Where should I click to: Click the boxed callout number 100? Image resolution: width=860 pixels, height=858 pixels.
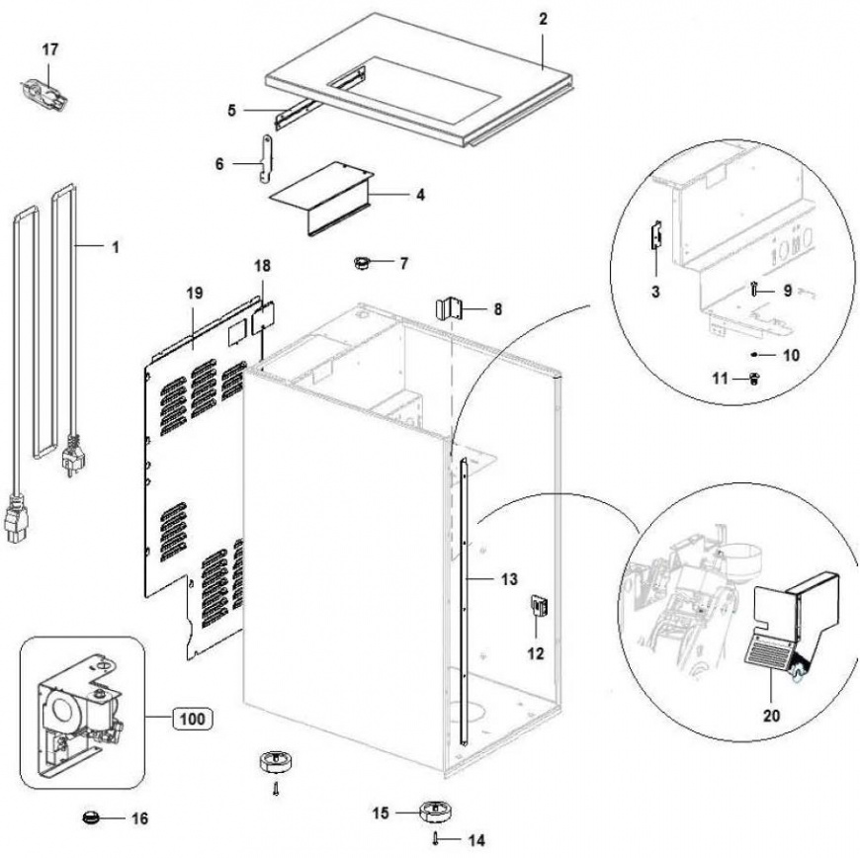pyautogui.click(x=193, y=718)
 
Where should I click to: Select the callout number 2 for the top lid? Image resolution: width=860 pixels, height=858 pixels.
pyautogui.click(x=543, y=19)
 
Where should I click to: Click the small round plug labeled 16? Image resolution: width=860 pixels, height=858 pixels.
pyautogui.click(x=91, y=817)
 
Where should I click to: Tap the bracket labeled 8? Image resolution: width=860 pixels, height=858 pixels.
pyautogui.click(x=450, y=308)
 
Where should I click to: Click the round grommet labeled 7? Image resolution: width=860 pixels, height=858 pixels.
pyautogui.click(x=362, y=263)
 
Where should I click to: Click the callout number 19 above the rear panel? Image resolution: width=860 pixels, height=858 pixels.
pyautogui.click(x=194, y=293)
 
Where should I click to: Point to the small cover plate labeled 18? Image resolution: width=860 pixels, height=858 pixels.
pyautogui.click(x=262, y=318)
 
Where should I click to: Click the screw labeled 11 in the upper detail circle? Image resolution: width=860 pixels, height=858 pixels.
pyautogui.click(x=754, y=378)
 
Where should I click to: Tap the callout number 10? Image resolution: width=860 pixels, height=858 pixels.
pyautogui.click(x=791, y=355)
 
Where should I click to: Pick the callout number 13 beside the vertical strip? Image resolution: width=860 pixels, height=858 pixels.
pyautogui.click(x=509, y=579)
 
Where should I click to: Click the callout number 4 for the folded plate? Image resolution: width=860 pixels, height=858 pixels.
pyautogui.click(x=420, y=195)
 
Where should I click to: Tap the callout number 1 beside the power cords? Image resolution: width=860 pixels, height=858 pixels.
pyautogui.click(x=116, y=247)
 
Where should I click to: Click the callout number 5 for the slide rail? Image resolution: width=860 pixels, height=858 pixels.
pyautogui.click(x=231, y=111)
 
